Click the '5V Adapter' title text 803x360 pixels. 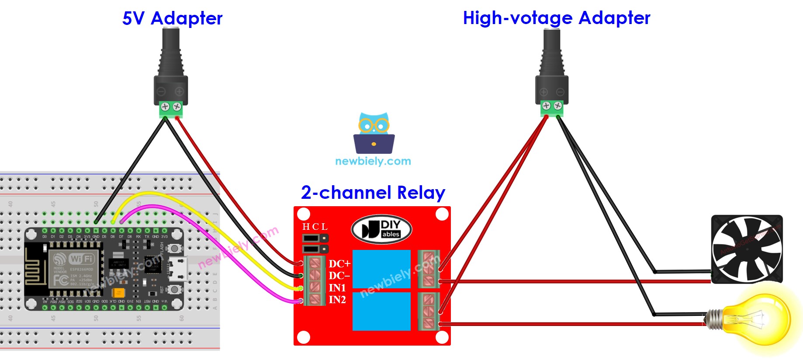point(172,18)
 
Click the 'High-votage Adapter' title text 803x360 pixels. point(556,18)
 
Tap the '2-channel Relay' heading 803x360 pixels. point(373,193)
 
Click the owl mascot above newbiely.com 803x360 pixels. point(374,133)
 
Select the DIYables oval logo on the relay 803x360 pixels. point(381,229)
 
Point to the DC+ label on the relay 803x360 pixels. point(339,264)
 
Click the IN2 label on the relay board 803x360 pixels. point(337,300)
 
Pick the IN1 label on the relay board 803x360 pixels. point(337,288)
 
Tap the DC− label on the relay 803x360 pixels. point(339,276)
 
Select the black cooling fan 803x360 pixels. point(747,249)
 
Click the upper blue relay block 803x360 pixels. point(381,269)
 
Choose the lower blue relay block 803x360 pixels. point(381,311)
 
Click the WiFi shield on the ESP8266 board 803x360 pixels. point(74,269)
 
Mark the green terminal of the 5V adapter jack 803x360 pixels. point(171,109)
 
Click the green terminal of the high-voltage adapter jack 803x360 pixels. point(552,108)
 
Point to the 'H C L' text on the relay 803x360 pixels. point(315,227)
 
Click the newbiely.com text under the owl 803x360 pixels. point(373,161)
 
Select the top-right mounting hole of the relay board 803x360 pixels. point(442,214)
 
